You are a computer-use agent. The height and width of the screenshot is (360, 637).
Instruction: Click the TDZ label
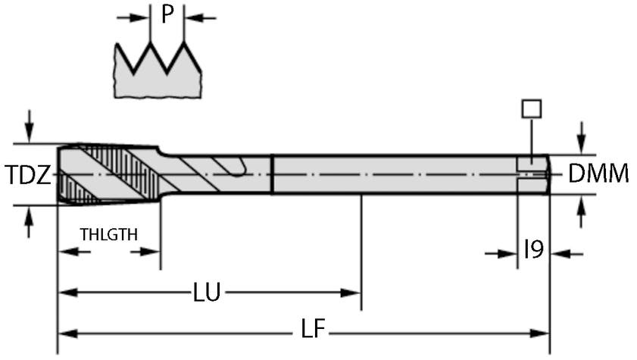[x=28, y=176]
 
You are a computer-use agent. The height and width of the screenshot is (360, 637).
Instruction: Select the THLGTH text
[x=109, y=235]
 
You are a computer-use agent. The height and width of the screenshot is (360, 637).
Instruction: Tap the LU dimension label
[x=207, y=293]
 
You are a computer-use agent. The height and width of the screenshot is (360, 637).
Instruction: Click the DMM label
[x=598, y=174]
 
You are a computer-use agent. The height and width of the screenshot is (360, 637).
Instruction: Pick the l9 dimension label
[x=534, y=250]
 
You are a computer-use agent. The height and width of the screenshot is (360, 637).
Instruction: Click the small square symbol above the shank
[x=532, y=108]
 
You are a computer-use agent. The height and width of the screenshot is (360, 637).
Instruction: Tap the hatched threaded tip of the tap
[x=106, y=174]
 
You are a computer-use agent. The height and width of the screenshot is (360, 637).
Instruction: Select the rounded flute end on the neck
[x=238, y=171]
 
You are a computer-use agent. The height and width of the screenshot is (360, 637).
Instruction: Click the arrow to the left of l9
[x=502, y=254]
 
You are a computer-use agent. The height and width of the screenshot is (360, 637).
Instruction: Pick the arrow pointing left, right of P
[x=200, y=17]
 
